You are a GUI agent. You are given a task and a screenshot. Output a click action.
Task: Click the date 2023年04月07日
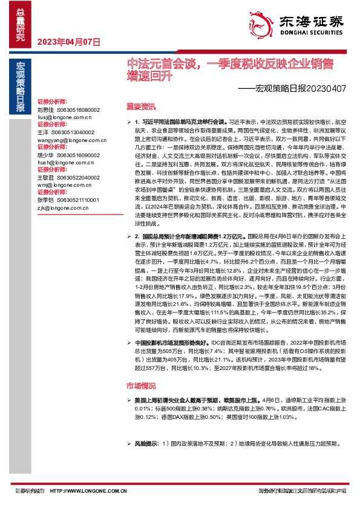pyautogui.click(x=68, y=42)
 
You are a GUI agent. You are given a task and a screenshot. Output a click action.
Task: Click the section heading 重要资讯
pyautogui.click(x=141, y=106)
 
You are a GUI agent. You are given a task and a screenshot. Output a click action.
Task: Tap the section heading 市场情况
pyautogui.click(x=141, y=384)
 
